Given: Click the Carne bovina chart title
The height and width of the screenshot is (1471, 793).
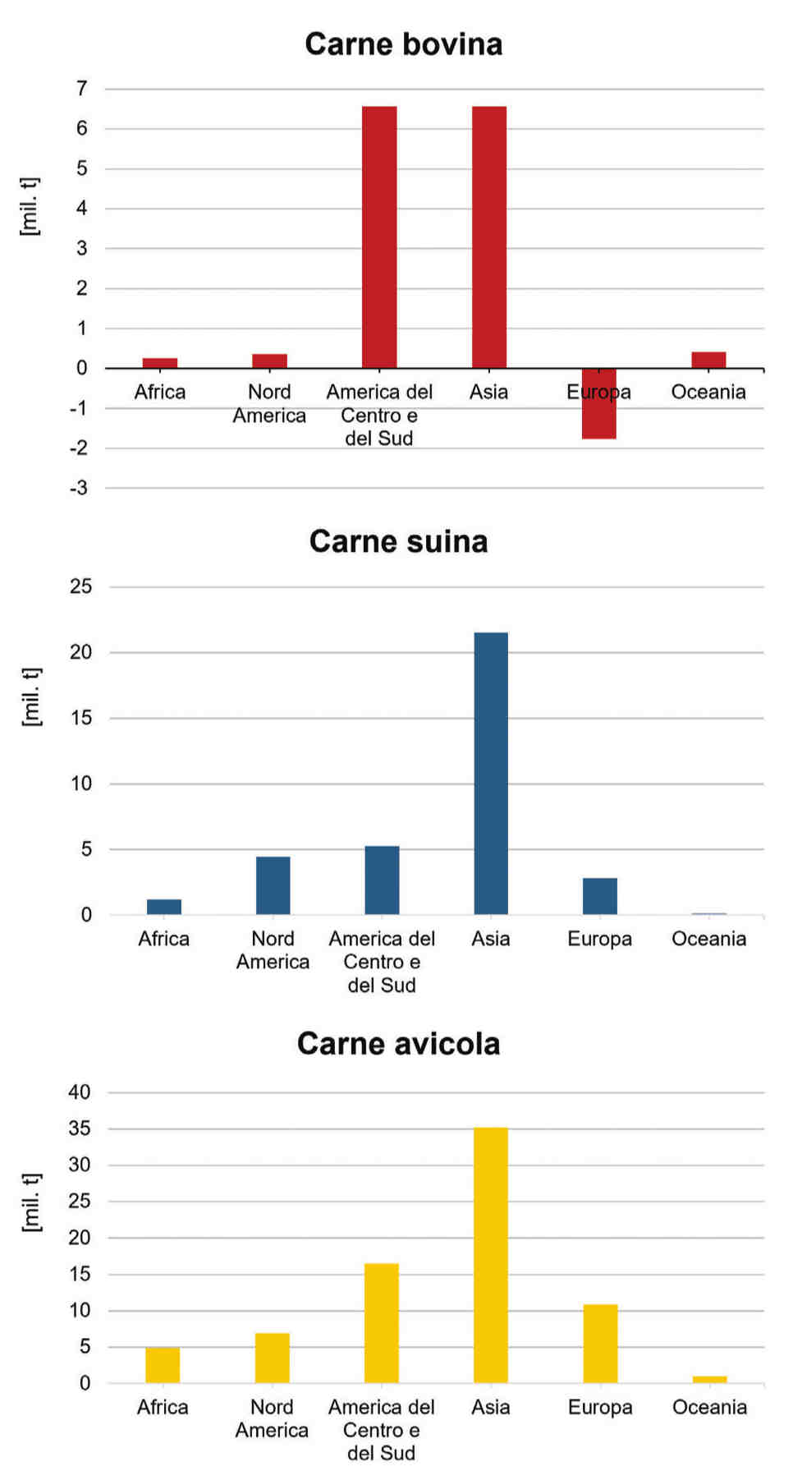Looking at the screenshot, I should (x=403, y=44).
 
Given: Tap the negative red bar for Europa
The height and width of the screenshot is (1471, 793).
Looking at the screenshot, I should (x=599, y=403).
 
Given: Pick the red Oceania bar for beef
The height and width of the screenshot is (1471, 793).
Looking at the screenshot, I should (x=708, y=360).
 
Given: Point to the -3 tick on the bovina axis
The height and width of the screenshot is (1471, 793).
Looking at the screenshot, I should (x=79, y=488).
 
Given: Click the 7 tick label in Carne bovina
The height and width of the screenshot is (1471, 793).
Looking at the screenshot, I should (x=81, y=88).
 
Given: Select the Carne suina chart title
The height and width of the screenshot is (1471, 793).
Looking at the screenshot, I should (x=398, y=541).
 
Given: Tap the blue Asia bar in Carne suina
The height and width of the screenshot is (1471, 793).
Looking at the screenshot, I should (x=491, y=773).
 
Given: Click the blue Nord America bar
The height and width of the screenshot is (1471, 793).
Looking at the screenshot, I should (x=273, y=885).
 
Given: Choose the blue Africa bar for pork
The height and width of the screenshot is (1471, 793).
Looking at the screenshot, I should (x=164, y=906).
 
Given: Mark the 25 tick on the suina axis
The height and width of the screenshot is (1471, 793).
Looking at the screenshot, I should (x=81, y=586).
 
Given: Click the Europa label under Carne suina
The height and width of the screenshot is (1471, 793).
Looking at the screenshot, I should (x=599, y=939).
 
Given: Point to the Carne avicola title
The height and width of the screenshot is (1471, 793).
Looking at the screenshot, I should (x=398, y=1044).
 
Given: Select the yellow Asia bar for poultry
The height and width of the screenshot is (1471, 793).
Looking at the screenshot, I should (x=491, y=1255).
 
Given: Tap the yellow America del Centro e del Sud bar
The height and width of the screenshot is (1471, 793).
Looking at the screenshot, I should (x=382, y=1322).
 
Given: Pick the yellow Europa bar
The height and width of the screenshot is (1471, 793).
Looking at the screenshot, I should (x=600, y=1343).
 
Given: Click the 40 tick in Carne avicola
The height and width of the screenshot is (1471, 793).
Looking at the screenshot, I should (x=80, y=1092).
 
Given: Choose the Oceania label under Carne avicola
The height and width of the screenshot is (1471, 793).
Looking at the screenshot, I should (x=709, y=1407).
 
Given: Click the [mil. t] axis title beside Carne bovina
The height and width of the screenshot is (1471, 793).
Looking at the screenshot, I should (x=30, y=206).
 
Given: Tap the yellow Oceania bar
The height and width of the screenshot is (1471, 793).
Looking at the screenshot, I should (x=709, y=1379).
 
